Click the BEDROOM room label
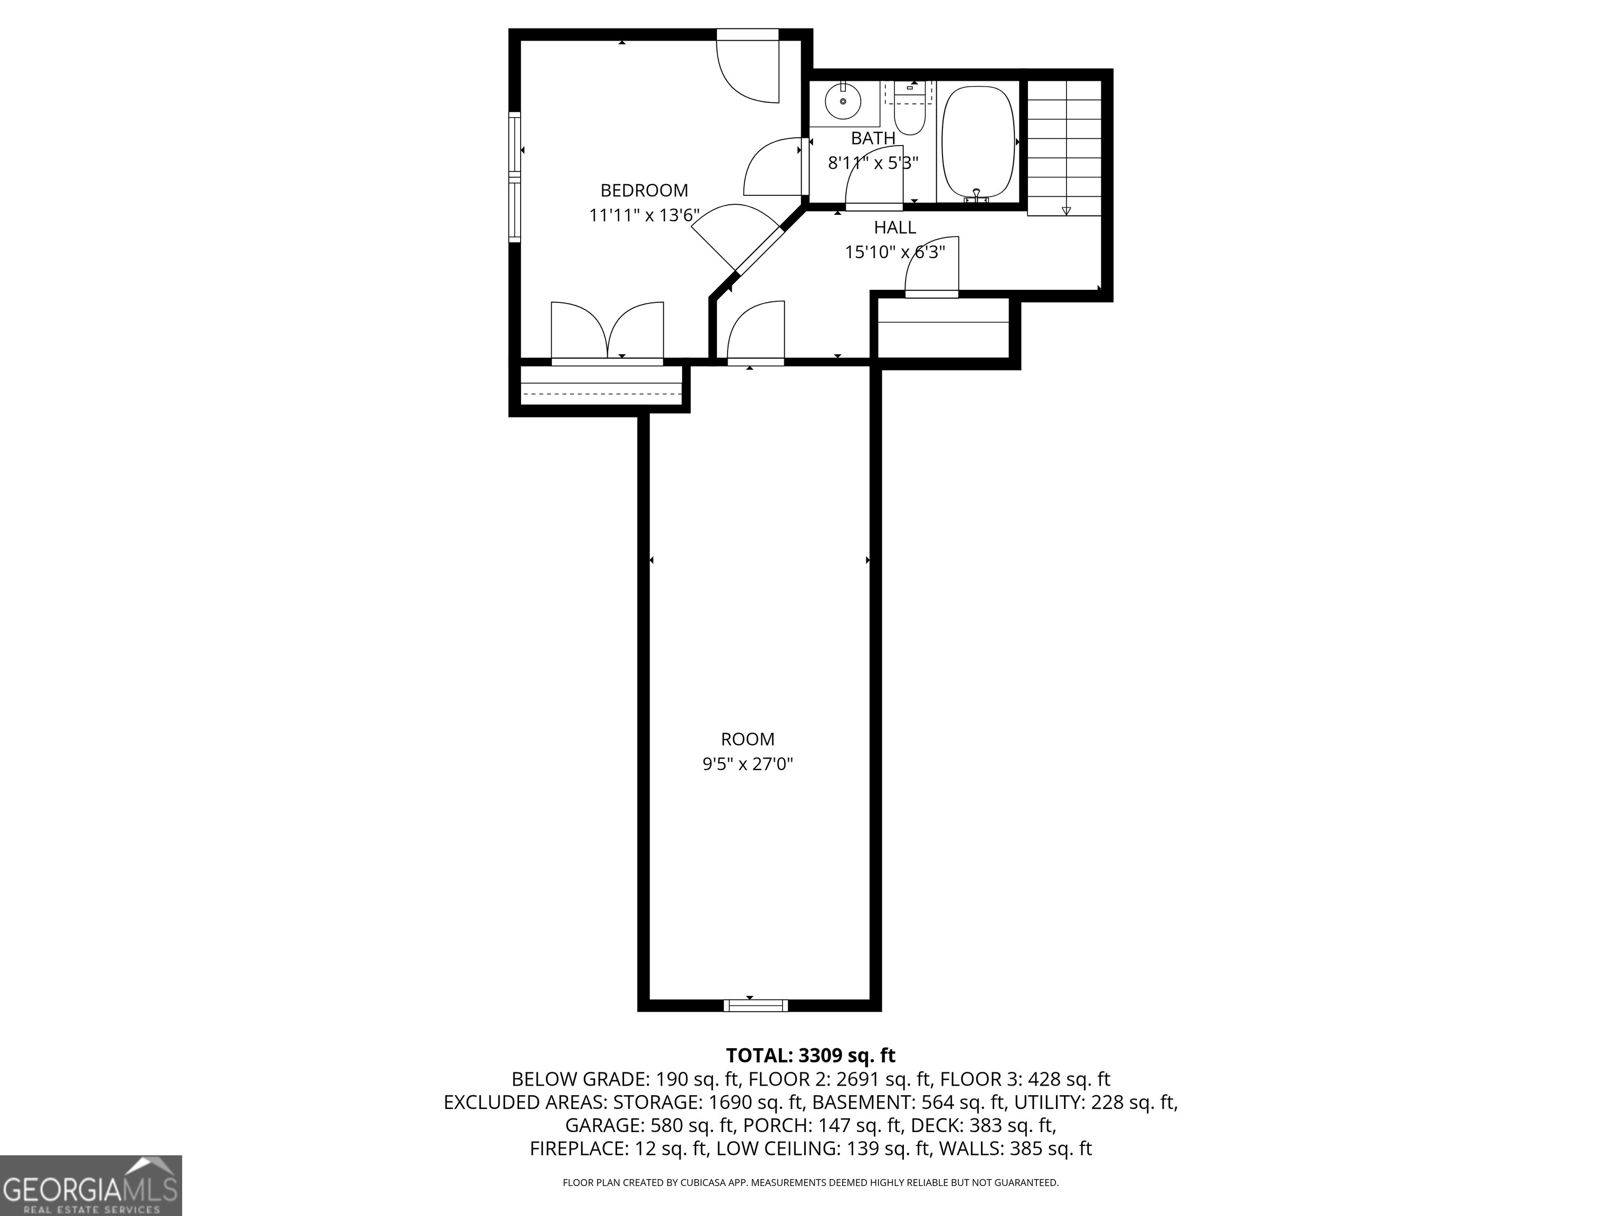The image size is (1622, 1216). click(644, 191)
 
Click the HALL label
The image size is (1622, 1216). click(894, 228)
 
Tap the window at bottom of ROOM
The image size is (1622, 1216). click(755, 1005)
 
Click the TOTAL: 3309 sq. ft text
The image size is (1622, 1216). click(810, 1056)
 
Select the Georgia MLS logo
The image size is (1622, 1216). click(90, 1185)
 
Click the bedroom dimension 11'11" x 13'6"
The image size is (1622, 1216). click(644, 215)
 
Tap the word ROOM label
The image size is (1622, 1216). click(747, 739)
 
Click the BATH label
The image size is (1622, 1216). click(873, 138)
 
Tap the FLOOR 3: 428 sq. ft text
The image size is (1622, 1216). click(1024, 1079)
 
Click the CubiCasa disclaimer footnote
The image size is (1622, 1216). click(810, 1182)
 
